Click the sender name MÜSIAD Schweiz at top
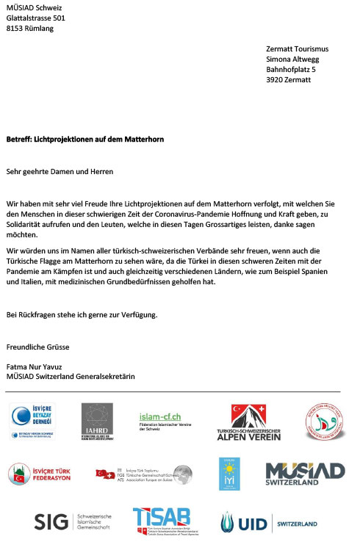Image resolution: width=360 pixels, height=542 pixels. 34,8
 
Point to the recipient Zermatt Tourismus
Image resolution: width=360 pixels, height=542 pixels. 297,49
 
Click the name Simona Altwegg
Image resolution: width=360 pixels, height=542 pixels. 293,59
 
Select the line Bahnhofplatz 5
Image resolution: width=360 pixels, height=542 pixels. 291,70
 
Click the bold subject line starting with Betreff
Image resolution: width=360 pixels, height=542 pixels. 84,139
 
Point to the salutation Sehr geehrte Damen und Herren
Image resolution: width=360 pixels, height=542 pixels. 60,171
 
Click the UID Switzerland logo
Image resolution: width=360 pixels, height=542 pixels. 269,523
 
